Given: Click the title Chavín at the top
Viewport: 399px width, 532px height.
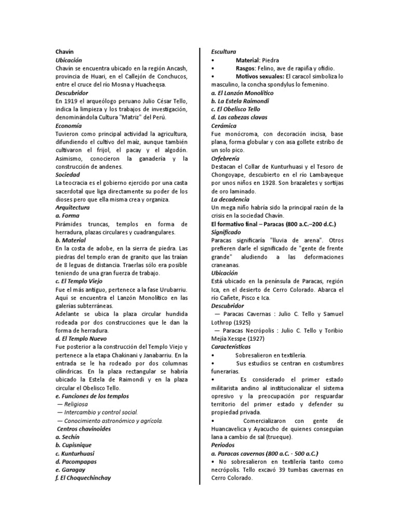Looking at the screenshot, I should (64, 52).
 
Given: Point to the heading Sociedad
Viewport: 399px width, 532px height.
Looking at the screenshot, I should (68, 175).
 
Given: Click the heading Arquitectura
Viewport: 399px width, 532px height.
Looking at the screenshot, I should (72, 208).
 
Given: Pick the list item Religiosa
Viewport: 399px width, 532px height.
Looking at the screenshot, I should (76, 404).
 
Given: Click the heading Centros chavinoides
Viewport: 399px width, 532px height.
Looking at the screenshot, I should (84, 429).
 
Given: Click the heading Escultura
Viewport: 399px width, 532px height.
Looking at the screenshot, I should (223, 52).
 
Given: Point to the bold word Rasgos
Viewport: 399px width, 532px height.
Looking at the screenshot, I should (246, 69).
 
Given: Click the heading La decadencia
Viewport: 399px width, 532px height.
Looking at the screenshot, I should (230, 199).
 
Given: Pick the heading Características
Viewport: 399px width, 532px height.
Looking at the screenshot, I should (231, 347).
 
